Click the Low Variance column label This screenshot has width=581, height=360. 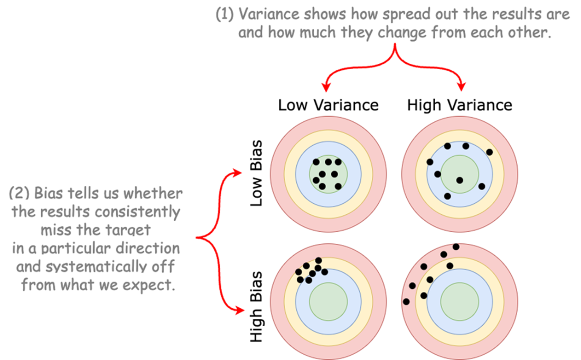click(328, 105)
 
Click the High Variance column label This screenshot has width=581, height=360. click(460, 105)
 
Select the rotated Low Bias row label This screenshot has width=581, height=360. click(257, 172)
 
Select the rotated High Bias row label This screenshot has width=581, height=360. click(257, 307)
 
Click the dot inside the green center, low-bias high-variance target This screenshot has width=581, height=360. click(460, 180)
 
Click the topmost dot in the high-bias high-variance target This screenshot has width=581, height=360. click(456, 247)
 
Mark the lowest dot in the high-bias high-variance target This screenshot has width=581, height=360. click(406, 302)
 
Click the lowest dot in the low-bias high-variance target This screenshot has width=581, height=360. click(447, 196)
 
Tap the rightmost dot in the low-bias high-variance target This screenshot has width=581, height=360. click(490, 152)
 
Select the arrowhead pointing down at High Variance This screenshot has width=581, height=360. click(463, 87)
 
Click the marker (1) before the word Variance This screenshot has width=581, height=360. click(224, 15)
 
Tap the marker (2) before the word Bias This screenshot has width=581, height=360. click(19, 193)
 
